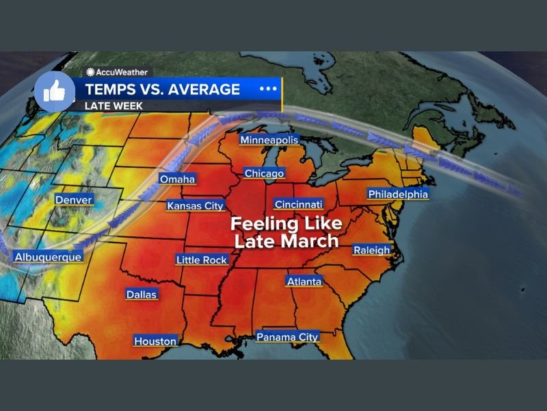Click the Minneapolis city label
(x=269, y=140)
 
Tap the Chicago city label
(x=264, y=173)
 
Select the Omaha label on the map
(x=177, y=179)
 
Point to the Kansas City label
(x=196, y=206)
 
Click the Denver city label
(x=74, y=200)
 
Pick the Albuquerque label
(x=47, y=257)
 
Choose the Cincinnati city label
(x=298, y=204)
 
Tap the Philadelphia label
(x=398, y=195)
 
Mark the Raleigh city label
(x=371, y=250)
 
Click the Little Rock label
(x=201, y=260)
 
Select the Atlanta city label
(x=304, y=282)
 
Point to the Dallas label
(x=142, y=295)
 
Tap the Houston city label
(x=155, y=341)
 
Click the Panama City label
(x=287, y=337)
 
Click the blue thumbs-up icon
(x=54, y=91)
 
